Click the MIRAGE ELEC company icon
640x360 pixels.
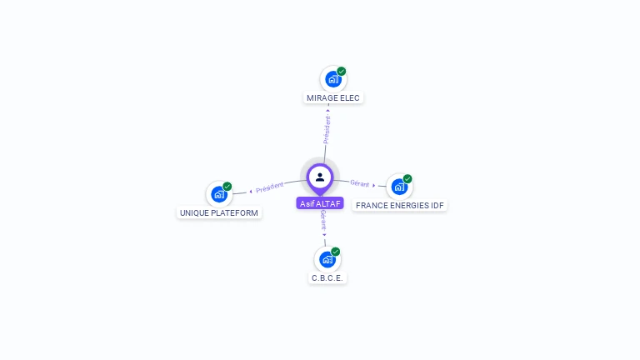pyautogui.click(x=332, y=79)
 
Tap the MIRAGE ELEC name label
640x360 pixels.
pyautogui.click(x=333, y=98)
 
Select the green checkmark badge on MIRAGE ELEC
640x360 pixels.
pyautogui.click(x=342, y=71)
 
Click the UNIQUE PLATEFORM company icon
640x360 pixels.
pyautogui.click(x=218, y=194)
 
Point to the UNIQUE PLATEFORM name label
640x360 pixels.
pyautogui.click(x=220, y=213)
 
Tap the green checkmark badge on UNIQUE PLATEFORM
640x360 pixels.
pyautogui.click(x=227, y=187)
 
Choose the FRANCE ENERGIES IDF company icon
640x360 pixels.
pyautogui.click(x=399, y=187)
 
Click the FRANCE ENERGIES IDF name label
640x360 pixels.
pyautogui.click(x=400, y=205)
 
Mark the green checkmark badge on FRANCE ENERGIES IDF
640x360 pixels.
pyautogui.click(x=407, y=178)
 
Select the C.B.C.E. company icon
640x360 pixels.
pyautogui.click(x=327, y=259)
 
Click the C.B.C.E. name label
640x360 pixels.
pyautogui.click(x=327, y=278)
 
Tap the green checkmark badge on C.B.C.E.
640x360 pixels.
pyautogui.click(x=336, y=251)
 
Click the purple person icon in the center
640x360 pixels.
pyautogui.click(x=320, y=177)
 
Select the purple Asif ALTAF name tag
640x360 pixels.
pyautogui.click(x=320, y=203)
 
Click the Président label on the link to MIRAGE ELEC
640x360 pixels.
pyautogui.click(x=327, y=130)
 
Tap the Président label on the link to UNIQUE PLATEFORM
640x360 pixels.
pyautogui.click(x=270, y=187)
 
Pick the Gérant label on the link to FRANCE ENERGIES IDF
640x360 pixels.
pyautogui.click(x=360, y=183)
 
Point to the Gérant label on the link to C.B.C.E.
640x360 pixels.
pyautogui.click(x=323, y=221)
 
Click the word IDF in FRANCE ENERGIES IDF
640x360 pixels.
pyautogui.click(x=437, y=205)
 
